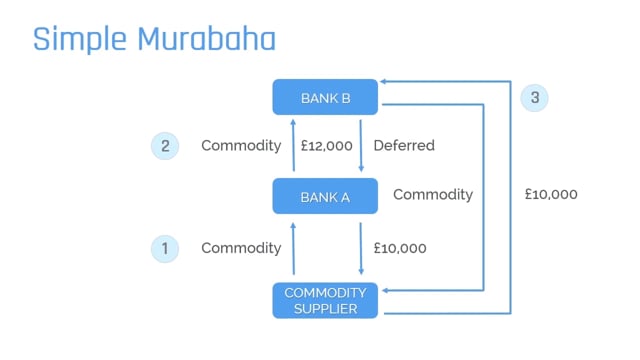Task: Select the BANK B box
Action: click(x=325, y=98)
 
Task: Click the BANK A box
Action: click(x=325, y=197)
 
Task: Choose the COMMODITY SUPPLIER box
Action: click(x=325, y=300)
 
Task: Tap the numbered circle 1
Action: click(x=165, y=248)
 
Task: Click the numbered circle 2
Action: click(x=165, y=146)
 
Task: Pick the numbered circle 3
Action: click(x=535, y=98)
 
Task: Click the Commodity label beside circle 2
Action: click(x=241, y=146)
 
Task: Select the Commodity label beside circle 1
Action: click(x=241, y=248)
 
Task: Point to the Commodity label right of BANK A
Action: click(x=433, y=194)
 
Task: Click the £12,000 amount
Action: click(x=326, y=146)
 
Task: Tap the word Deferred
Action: click(x=404, y=146)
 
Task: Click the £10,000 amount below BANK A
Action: click(x=400, y=248)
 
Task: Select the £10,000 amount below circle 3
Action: click(x=551, y=194)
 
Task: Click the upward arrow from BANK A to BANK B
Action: click(x=293, y=146)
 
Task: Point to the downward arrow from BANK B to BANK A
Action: click(x=360, y=146)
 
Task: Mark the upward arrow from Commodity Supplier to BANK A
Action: click(x=293, y=248)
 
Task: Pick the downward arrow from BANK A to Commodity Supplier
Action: click(x=360, y=248)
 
